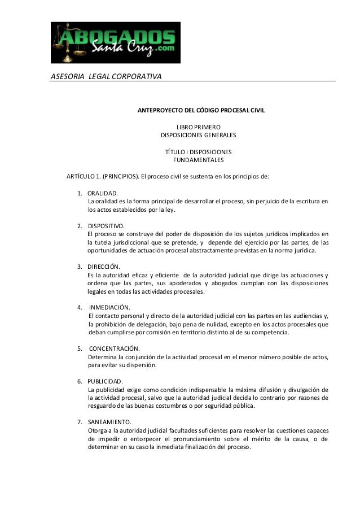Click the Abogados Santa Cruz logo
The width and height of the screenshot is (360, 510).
click(x=116, y=43)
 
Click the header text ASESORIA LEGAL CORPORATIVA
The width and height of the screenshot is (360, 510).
click(x=106, y=76)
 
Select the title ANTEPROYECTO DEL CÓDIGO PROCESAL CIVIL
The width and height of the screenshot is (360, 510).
click(x=198, y=110)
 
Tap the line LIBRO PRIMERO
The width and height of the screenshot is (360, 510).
click(x=199, y=127)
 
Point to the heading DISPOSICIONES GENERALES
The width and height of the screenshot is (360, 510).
click(x=199, y=136)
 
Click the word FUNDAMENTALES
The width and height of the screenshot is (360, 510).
click(x=198, y=160)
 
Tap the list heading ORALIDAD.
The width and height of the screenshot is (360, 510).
click(x=103, y=194)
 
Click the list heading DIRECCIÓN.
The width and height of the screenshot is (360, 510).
click(x=104, y=267)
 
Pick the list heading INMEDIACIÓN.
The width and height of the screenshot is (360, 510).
click(x=109, y=307)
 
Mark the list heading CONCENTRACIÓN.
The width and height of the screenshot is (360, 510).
click(x=115, y=348)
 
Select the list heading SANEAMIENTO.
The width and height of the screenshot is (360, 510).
click(x=109, y=422)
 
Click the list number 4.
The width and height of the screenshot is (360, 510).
click(x=79, y=307)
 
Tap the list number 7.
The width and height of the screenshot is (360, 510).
click(x=79, y=422)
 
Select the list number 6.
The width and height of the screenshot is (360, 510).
click(x=79, y=381)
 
